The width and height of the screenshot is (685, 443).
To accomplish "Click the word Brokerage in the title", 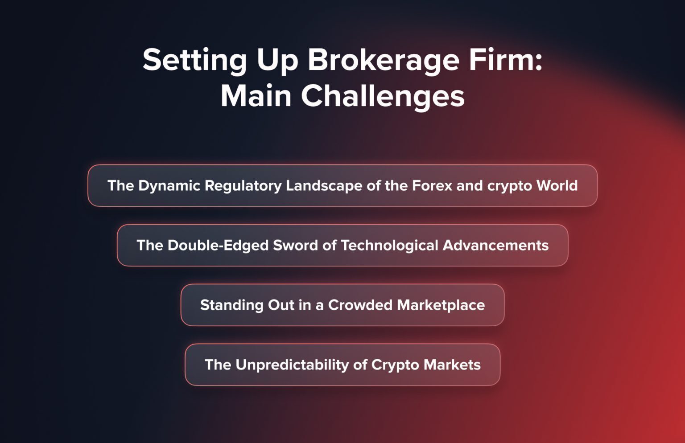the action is pyautogui.click(x=384, y=60).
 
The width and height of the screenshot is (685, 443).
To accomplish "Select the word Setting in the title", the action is pyautogui.click(x=194, y=60).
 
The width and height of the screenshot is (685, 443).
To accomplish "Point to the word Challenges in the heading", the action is pyautogui.click(x=383, y=96).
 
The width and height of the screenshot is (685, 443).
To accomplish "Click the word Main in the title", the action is pyautogui.click(x=256, y=96).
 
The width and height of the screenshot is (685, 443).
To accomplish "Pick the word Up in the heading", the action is pyautogui.click(x=277, y=61).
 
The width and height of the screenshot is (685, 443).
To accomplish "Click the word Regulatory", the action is pyautogui.click(x=243, y=186).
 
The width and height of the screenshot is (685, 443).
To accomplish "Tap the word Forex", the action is pyautogui.click(x=432, y=185).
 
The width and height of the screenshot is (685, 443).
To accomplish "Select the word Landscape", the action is pyautogui.click(x=324, y=186).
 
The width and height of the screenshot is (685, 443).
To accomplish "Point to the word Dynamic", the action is pyautogui.click(x=169, y=186).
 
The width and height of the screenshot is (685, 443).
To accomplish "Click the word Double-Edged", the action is pyautogui.click(x=218, y=246).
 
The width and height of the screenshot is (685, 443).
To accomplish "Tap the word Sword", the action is pyautogui.click(x=295, y=245).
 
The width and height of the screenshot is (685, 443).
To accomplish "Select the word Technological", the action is pyautogui.click(x=389, y=246).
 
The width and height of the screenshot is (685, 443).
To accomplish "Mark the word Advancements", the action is pyautogui.click(x=495, y=245).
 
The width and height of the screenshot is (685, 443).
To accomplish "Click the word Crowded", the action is pyautogui.click(x=360, y=305).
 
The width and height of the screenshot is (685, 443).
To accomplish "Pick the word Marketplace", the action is pyautogui.click(x=441, y=305).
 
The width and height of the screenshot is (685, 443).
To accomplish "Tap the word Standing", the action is pyautogui.click(x=231, y=305).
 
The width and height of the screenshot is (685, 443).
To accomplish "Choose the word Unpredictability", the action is pyautogui.click(x=292, y=365).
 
